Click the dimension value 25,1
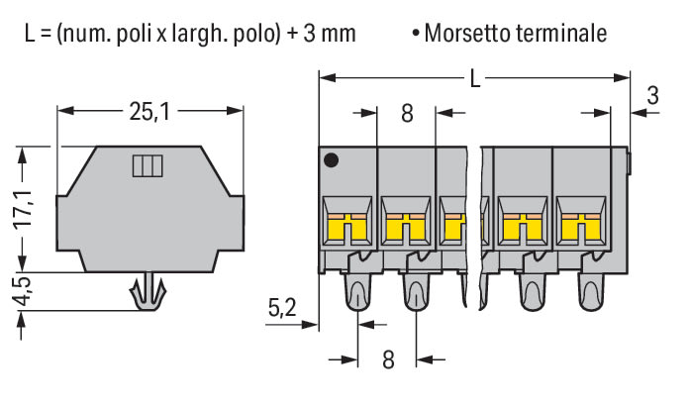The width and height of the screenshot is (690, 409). (x=149, y=112)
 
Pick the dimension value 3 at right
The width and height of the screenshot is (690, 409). (x=651, y=96)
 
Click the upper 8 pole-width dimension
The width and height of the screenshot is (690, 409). (x=407, y=112)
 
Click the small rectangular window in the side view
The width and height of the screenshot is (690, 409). (x=146, y=165)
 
